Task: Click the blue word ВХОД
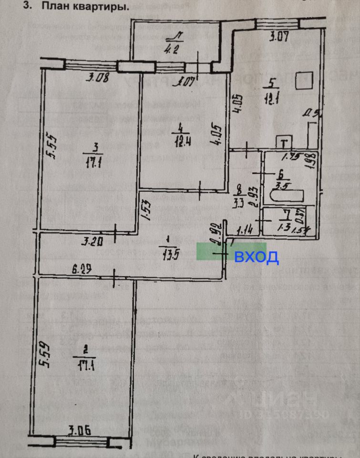tap(256, 258)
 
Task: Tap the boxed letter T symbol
tap(284, 142)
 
